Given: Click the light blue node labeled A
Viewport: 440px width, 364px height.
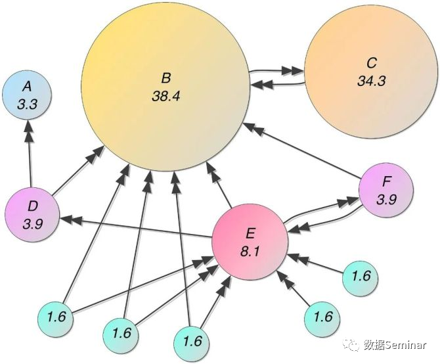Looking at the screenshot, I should (x=28, y=95).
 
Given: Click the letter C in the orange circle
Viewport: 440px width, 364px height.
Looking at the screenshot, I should (x=371, y=64).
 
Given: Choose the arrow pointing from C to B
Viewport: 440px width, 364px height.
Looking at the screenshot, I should (x=276, y=83).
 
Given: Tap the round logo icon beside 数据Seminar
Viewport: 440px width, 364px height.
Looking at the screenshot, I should (x=353, y=344).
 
